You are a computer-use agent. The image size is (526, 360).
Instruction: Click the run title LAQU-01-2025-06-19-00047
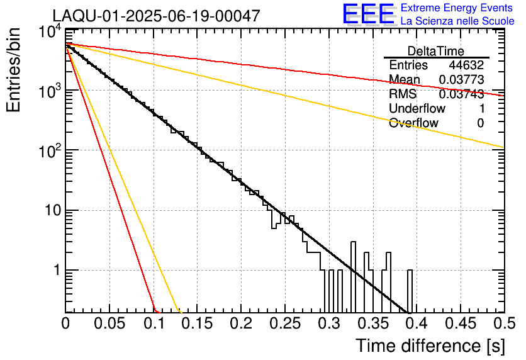coord(155,16)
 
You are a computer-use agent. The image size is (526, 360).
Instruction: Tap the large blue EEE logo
coord(368,15)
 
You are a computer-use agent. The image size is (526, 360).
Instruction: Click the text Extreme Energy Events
coord(457,8)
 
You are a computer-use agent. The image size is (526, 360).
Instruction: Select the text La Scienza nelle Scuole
coord(457,21)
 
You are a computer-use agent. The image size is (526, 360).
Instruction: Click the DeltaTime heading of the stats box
coord(435,51)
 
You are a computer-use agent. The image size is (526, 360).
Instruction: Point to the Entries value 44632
coord(466,65)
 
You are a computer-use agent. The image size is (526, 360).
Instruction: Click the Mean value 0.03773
coord(461,80)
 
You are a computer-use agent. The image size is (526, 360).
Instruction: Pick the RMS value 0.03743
coord(461,94)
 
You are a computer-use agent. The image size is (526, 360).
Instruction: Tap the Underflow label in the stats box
coord(417,109)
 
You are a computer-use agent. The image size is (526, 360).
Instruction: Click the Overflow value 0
coord(480,123)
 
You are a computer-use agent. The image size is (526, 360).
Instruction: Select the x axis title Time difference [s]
coord(430,346)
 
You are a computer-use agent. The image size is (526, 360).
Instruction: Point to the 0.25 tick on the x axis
coord(284,323)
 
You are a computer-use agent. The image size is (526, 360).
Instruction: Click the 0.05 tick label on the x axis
coord(109,323)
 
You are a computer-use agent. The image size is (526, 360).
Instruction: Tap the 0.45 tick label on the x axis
coord(460,323)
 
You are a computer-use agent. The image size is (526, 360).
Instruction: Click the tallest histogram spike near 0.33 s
coord(354,277)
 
